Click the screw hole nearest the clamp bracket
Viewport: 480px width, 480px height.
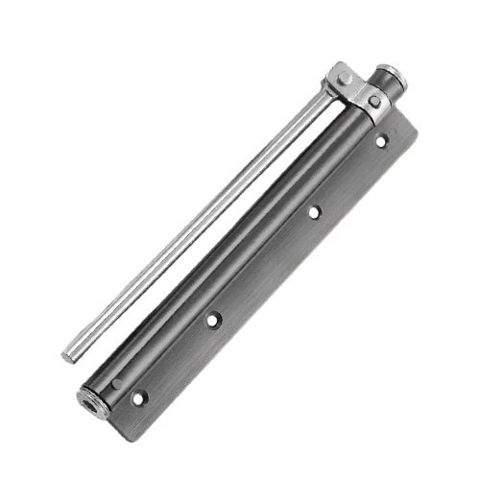381,140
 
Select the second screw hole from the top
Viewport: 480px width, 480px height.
313,213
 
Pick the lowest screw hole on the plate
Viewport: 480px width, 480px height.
139,396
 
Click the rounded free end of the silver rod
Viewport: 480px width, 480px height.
67,356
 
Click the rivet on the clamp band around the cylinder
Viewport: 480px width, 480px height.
373,100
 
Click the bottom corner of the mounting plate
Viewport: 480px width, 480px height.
134,414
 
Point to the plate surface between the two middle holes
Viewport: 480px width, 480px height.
263,267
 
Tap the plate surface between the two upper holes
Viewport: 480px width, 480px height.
348,177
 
